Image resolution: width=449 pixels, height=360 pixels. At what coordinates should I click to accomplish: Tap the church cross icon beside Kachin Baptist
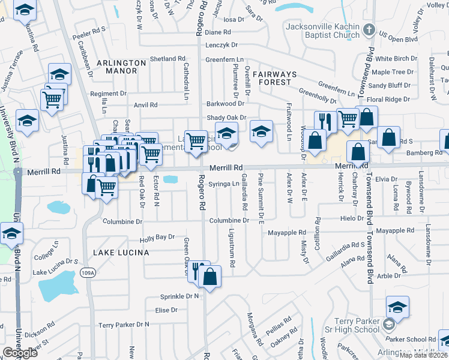369,29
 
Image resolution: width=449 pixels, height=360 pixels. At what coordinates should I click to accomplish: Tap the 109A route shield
87,272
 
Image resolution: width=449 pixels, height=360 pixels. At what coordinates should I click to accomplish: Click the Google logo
20,353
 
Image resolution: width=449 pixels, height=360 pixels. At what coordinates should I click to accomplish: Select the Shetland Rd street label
167,59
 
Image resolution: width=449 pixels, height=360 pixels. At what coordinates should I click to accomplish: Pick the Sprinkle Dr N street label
179,296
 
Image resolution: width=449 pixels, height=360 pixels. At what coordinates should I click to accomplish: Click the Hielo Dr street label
348,220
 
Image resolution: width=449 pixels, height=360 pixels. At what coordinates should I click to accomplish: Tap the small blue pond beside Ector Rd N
170,179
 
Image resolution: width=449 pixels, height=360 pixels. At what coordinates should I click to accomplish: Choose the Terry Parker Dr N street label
124,325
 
